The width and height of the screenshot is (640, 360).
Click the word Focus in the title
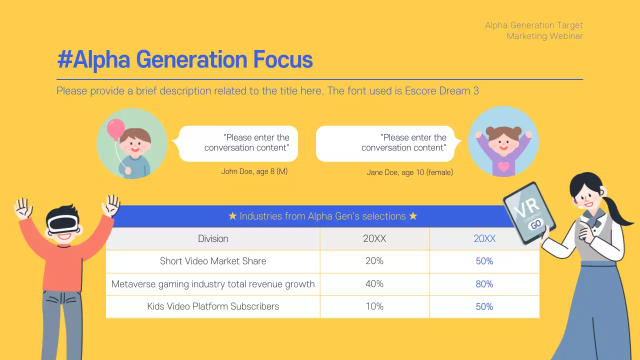(282, 60)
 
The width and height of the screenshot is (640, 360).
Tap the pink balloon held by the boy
(116, 129)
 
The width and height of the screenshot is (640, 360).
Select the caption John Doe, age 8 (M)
(254, 171)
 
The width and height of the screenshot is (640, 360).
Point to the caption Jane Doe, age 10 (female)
(409, 172)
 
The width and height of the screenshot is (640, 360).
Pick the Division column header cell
(213, 239)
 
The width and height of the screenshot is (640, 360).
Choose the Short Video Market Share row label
(213, 261)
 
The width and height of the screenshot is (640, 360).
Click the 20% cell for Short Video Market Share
(374, 261)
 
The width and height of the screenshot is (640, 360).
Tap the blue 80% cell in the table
(484, 284)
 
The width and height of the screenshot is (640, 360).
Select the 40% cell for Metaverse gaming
(374, 284)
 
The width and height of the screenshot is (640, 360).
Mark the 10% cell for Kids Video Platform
(374, 306)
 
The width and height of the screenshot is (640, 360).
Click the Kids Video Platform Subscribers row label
(213, 306)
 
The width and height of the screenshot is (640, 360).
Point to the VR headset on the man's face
(63, 223)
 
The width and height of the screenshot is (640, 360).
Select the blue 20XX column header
(484, 239)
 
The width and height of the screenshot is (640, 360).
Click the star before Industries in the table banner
(232, 216)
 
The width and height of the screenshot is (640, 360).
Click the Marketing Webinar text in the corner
(544, 36)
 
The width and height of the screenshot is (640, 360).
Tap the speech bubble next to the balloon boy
(238, 143)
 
